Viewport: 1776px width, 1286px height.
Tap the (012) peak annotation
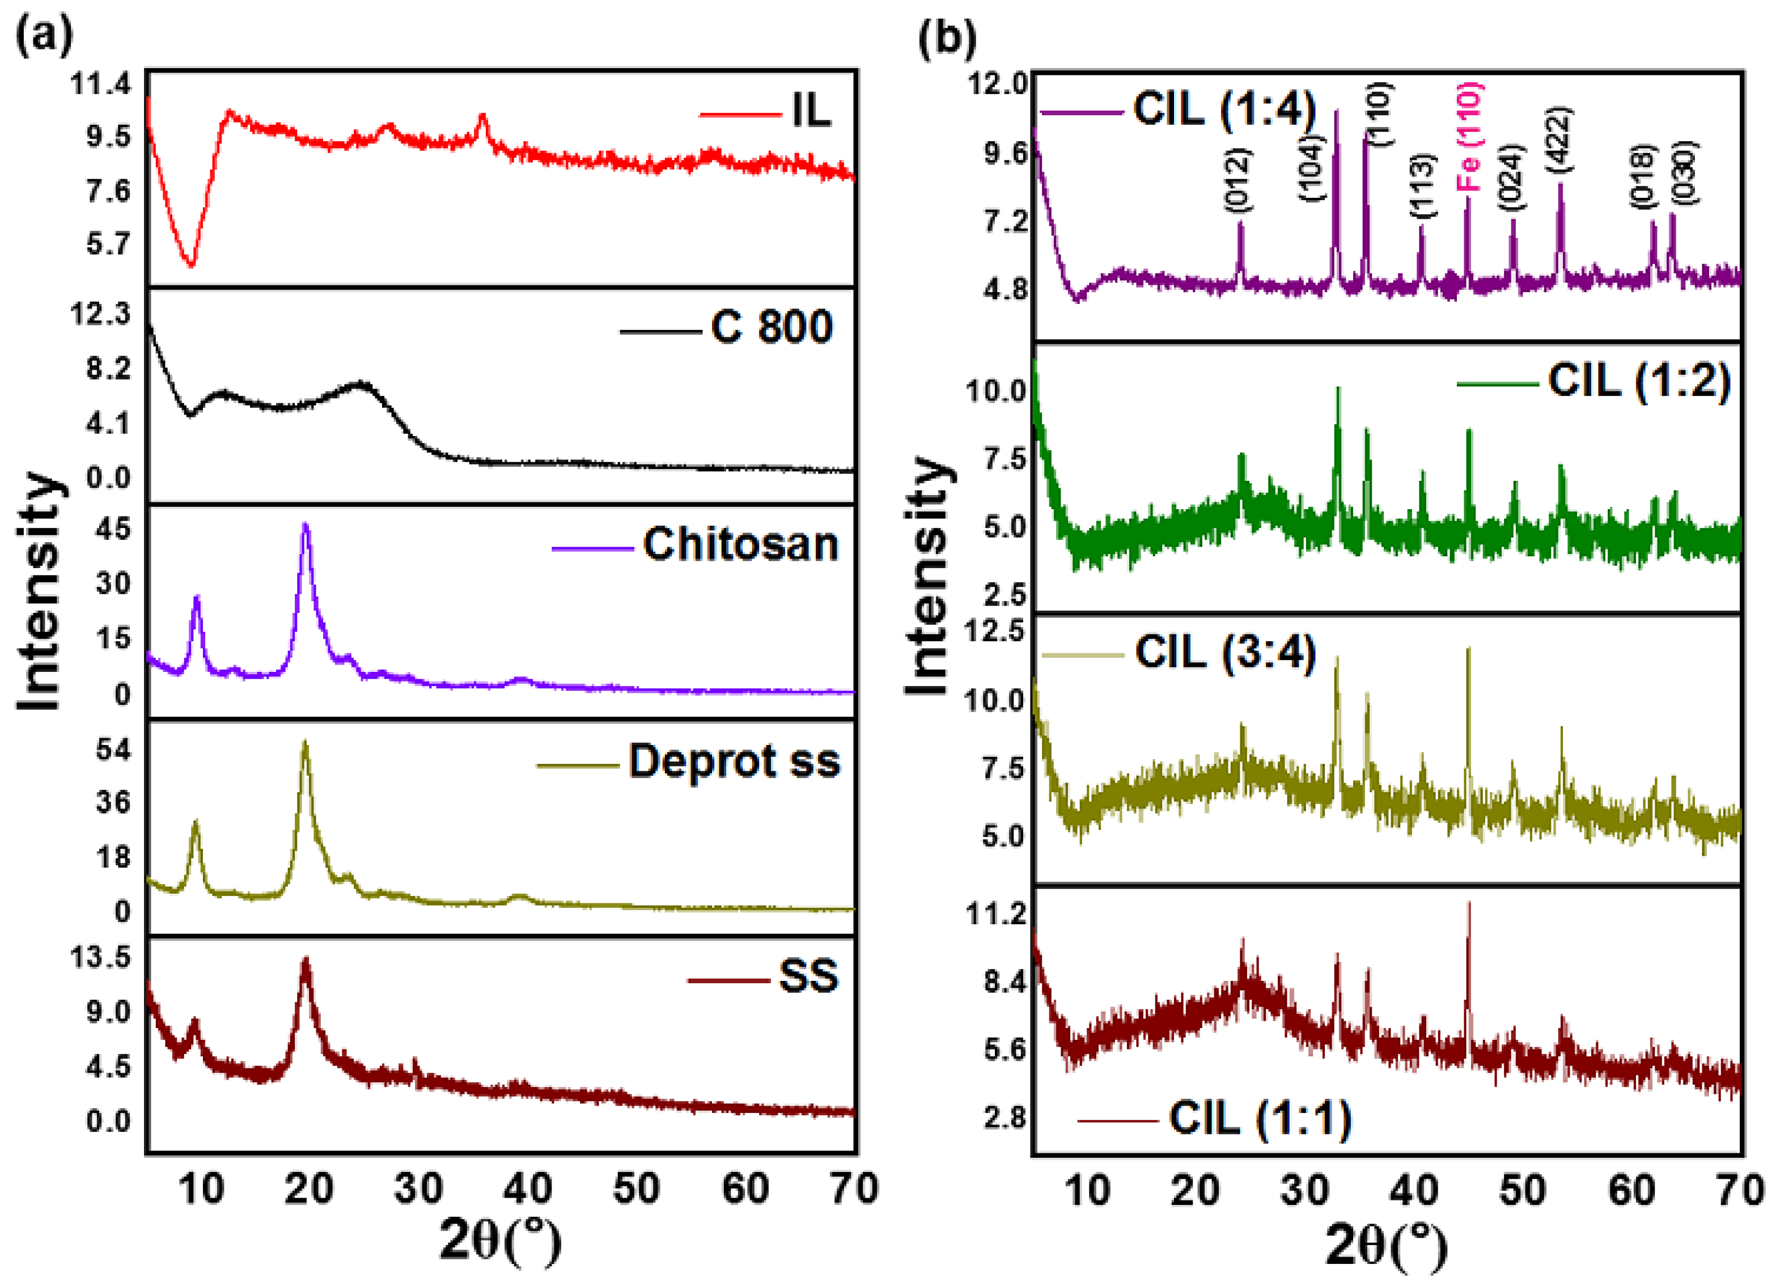[x=1238, y=180]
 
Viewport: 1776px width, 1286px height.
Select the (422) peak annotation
[x=1558, y=139]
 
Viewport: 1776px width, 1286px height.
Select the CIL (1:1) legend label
[x=1260, y=1118]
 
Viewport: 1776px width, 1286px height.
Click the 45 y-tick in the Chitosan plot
[x=113, y=528]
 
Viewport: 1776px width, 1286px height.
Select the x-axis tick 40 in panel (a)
[x=527, y=1189]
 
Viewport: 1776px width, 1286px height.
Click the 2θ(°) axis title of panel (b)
[x=1386, y=1245]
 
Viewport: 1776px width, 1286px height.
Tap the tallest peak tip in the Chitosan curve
[x=306, y=524]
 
